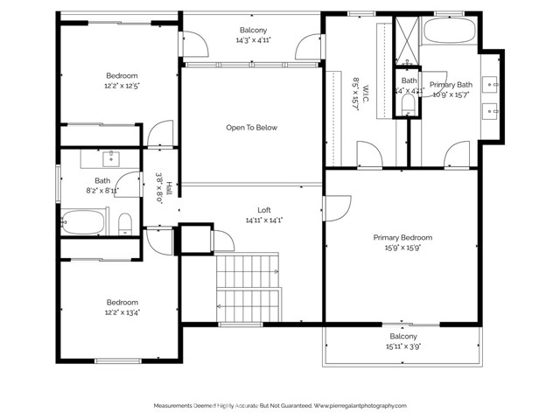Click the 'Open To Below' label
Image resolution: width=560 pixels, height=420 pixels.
[252, 128]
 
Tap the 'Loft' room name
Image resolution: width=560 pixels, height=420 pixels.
[263, 210]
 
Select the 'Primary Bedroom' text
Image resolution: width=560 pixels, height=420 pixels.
[402, 237]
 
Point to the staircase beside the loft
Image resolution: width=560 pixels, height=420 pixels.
[248, 288]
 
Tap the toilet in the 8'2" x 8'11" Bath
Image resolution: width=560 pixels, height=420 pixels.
[124, 222]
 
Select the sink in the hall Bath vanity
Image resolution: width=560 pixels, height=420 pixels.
[112, 158]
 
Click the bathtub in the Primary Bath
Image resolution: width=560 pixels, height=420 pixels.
[450, 32]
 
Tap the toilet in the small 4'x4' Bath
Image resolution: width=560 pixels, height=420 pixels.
[408, 103]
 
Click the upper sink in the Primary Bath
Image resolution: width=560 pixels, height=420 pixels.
[492, 85]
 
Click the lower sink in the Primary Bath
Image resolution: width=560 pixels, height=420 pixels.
[492, 110]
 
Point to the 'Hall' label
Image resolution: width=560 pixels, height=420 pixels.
[169, 186]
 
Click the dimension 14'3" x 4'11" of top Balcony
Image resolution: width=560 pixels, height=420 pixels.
[252, 40]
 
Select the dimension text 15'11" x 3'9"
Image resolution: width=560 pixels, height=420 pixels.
[402, 346]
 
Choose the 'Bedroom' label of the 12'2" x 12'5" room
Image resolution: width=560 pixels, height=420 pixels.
[122, 75]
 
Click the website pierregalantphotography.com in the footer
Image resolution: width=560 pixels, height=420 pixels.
[360, 406]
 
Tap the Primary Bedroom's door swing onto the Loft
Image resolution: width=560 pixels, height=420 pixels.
[333, 208]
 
